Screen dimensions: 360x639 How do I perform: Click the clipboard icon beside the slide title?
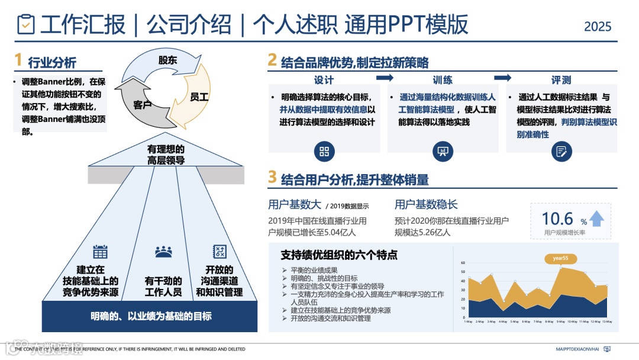point(26,24)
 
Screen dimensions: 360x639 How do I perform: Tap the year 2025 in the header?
point(598,27)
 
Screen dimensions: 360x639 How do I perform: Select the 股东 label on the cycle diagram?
point(167,60)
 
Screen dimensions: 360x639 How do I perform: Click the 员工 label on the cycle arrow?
point(199,97)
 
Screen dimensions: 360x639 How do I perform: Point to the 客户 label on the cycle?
point(143,105)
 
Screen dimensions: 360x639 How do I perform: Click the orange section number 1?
point(18,60)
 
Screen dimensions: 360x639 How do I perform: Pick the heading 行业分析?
point(52,63)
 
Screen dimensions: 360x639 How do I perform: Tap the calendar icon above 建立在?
point(101,252)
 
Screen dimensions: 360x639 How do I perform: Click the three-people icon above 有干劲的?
point(163,252)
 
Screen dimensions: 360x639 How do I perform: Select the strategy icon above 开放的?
point(220,252)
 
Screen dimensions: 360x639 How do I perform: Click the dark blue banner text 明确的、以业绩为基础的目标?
point(151,316)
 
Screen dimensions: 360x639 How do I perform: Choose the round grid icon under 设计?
point(324,151)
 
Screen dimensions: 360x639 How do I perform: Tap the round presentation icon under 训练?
point(443,151)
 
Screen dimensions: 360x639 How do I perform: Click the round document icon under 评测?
point(561,151)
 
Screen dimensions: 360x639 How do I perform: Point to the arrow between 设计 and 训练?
point(385,78)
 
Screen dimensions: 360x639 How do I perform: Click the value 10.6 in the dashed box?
point(557,218)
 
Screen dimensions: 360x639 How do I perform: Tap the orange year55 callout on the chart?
point(560,258)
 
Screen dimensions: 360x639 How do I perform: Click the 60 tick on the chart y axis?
point(463,263)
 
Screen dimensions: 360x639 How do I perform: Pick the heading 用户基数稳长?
point(426,205)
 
